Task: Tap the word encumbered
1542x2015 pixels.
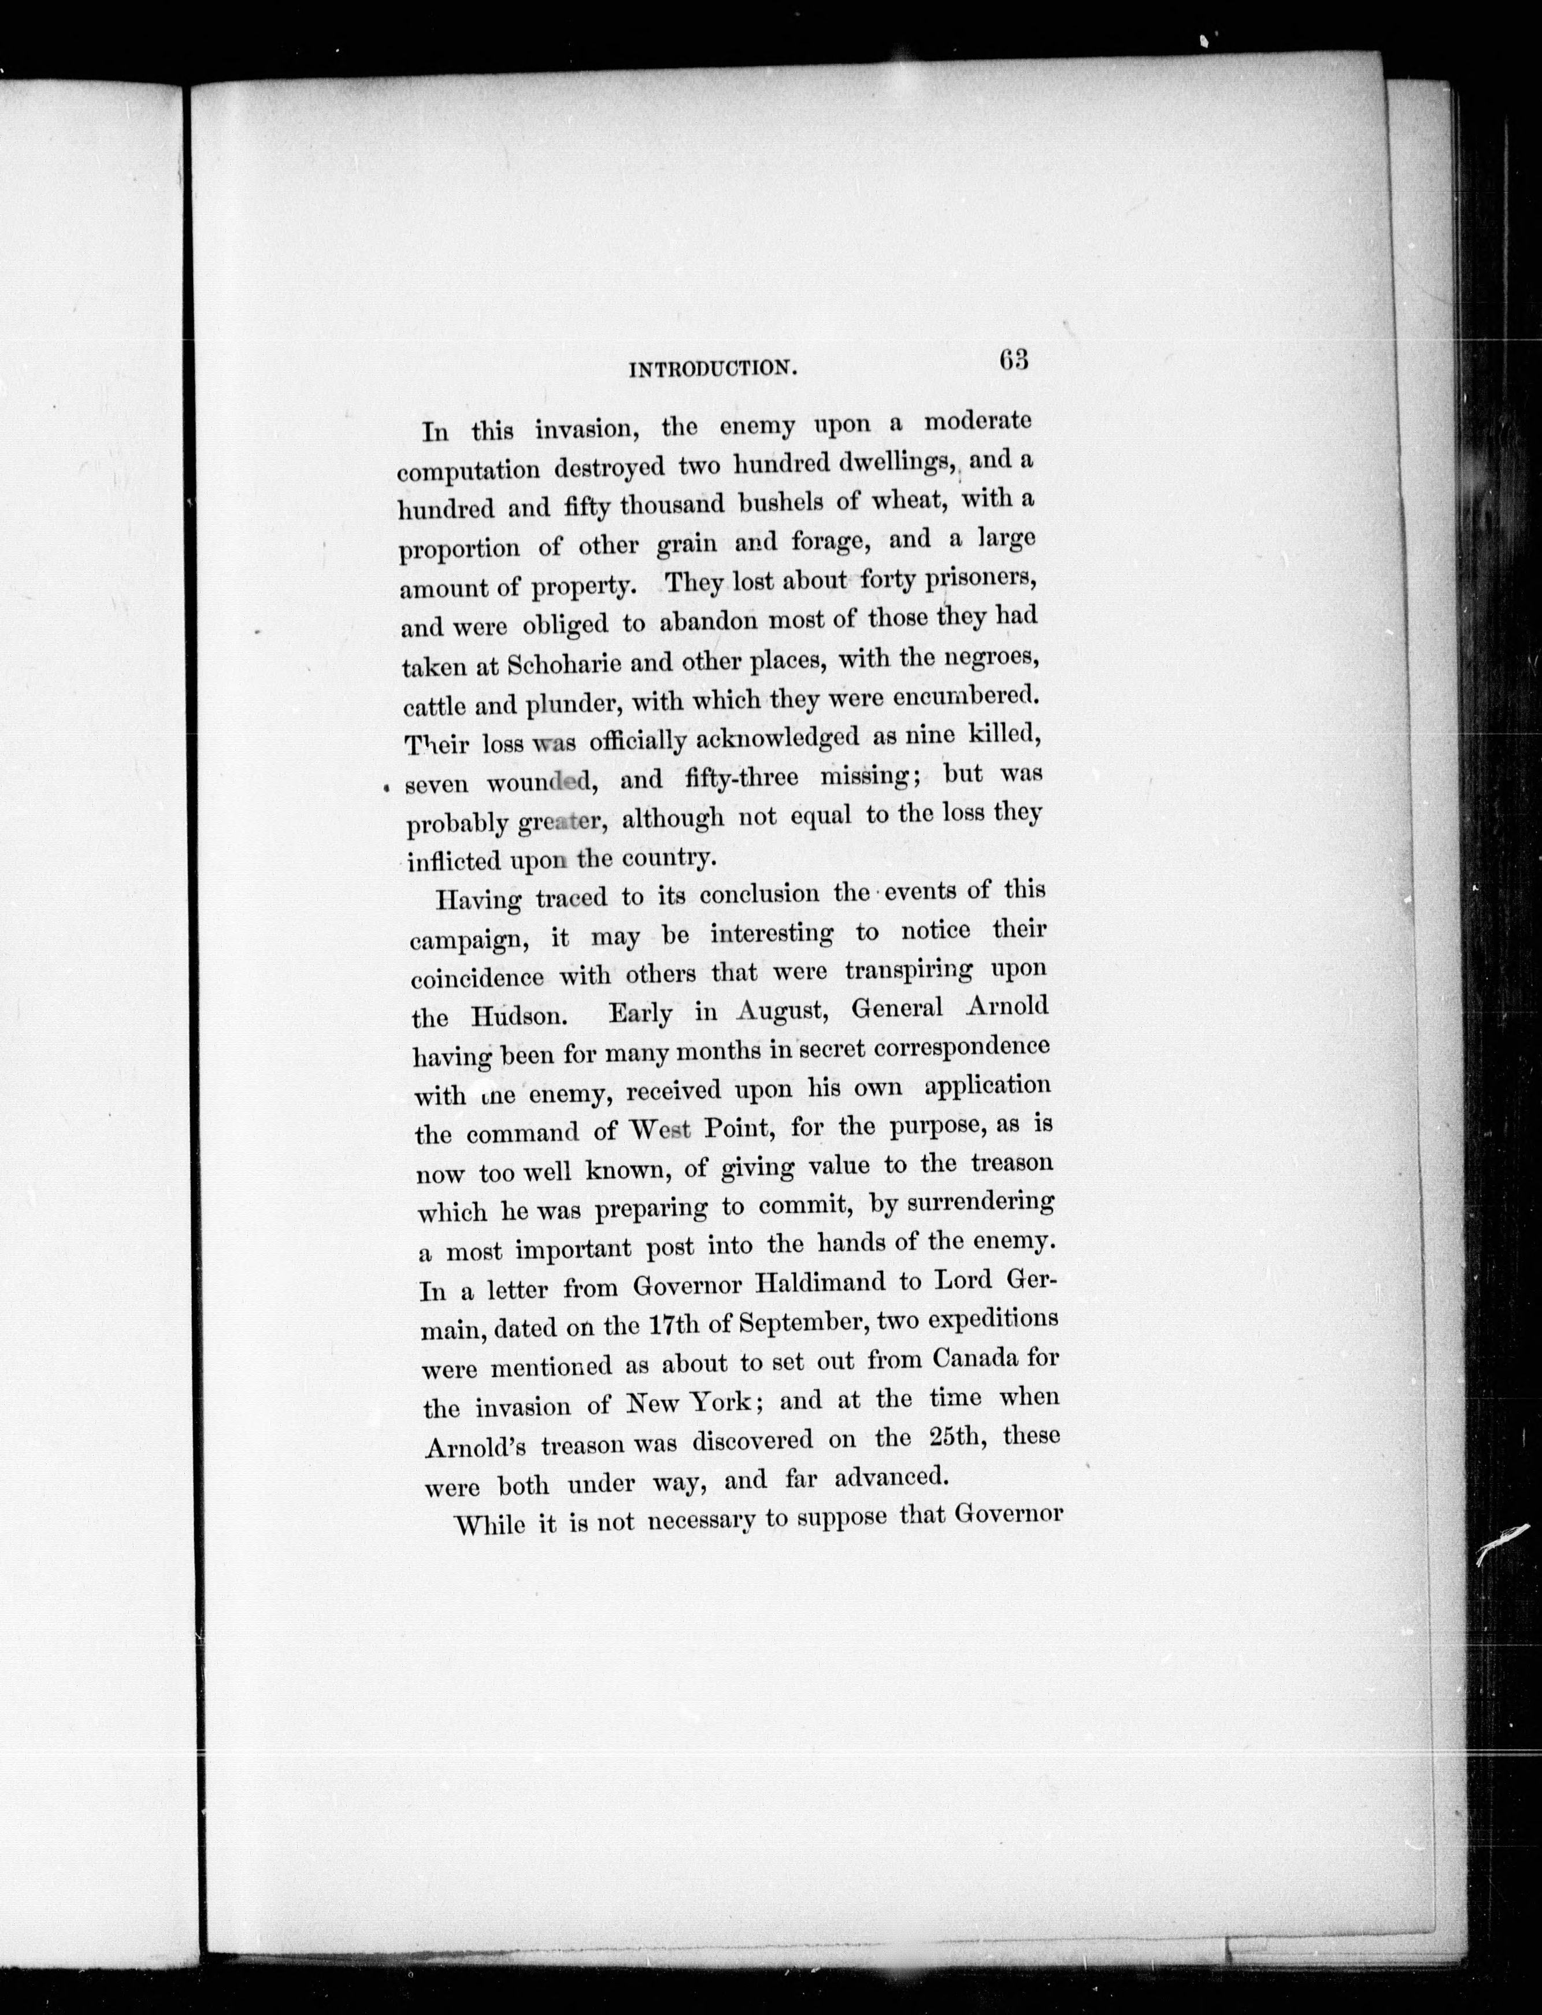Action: [x=968, y=697]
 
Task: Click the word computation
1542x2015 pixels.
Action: [x=468, y=471]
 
